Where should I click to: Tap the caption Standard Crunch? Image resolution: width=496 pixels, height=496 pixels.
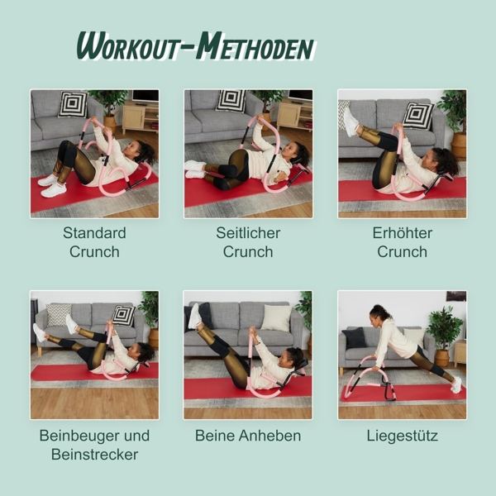point(94,242)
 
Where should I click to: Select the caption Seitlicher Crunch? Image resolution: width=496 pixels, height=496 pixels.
point(248,242)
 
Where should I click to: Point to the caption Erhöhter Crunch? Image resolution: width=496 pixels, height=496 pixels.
point(402,242)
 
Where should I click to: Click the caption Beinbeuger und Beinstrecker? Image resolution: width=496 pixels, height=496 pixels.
point(94,445)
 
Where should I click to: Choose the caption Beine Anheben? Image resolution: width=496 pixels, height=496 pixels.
point(248,435)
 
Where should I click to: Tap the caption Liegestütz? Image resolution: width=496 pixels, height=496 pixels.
point(402,435)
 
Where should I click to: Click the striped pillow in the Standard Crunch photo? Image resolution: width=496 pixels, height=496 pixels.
point(73,104)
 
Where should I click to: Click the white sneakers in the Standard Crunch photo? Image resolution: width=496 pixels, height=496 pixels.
point(51,185)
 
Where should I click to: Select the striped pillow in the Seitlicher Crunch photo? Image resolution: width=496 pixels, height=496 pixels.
point(231,101)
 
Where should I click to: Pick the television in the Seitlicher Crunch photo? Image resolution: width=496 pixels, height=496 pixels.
point(300,96)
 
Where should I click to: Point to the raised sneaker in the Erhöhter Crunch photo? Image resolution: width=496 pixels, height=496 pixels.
point(351,122)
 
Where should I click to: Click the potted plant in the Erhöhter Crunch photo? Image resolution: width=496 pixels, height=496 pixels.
point(454,120)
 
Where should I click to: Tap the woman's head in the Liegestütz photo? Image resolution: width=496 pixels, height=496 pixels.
point(379,313)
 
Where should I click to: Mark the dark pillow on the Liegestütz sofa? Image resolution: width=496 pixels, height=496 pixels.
point(355,337)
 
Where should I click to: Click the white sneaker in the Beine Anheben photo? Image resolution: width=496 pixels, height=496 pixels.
point(195,315)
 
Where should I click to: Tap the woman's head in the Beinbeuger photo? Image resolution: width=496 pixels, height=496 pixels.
point(145,352)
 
